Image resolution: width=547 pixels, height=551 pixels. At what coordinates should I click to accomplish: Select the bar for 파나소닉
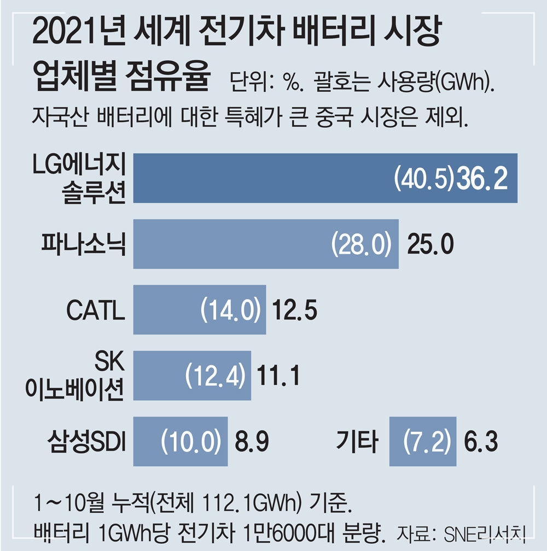pyautogui.click(x=230, y=244)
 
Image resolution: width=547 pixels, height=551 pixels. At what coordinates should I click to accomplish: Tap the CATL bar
pyautogui.click(x=164, y=309)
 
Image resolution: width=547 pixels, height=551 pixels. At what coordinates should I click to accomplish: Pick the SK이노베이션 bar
pyautogui.click(x=159, y=376)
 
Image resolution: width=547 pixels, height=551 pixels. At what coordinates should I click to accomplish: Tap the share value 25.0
pyautogui.click(x=430, y=244)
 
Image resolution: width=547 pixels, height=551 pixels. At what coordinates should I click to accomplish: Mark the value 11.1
pyautogui.click(x=278, y=376)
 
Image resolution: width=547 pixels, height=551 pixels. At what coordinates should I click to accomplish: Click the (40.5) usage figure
pyautogui.click(x=424, y=178)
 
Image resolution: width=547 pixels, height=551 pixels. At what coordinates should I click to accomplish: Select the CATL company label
pyautogui.click(x=96, y=310)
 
